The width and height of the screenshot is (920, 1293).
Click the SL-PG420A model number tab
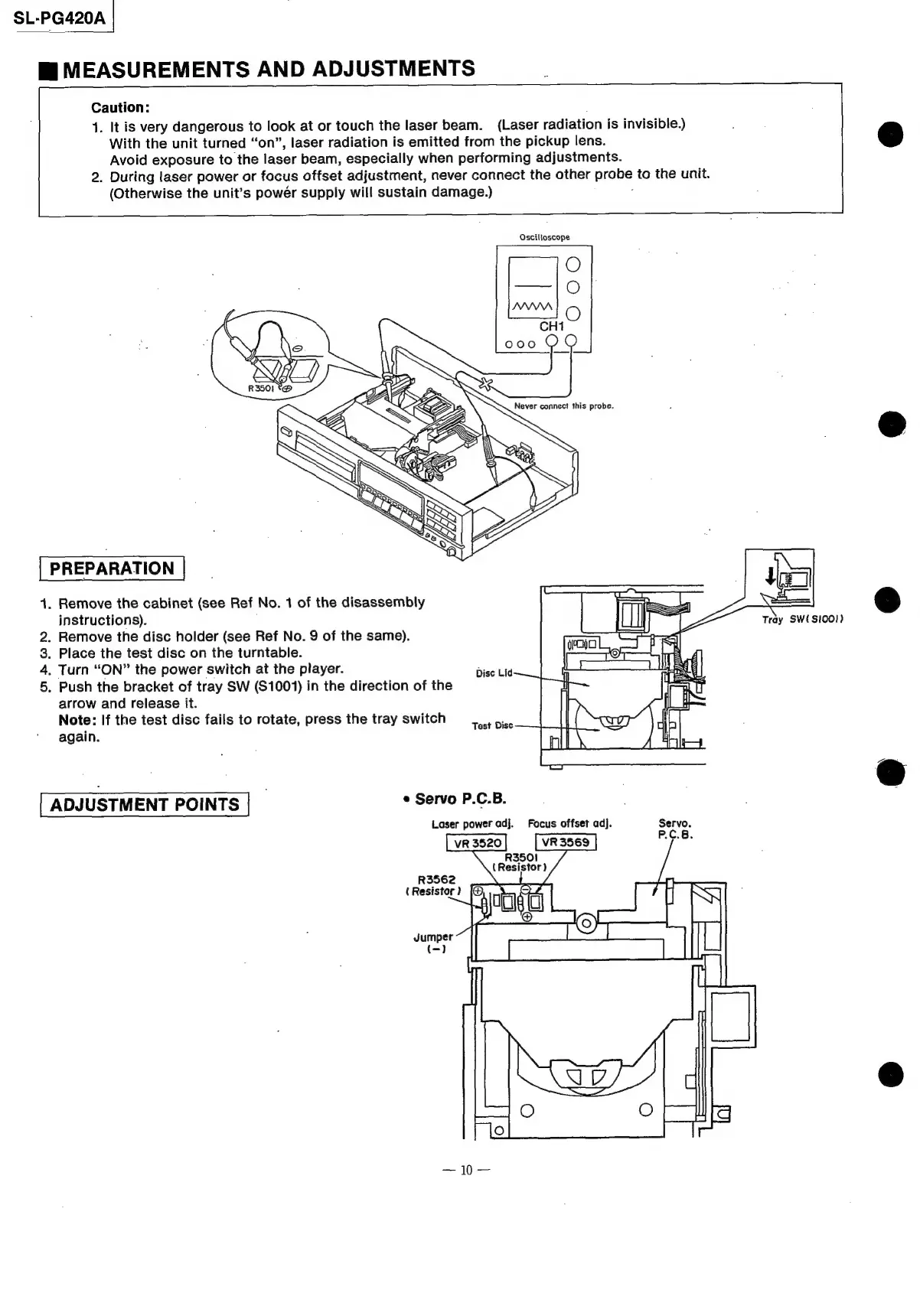tap(59, 17)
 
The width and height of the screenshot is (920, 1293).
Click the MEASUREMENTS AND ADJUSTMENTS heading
tap(269, 70)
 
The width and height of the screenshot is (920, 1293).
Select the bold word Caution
tap(119, 108)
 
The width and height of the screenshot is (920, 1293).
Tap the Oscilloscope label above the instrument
tap(544, 237)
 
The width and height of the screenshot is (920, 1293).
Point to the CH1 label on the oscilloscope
tap(551, 326)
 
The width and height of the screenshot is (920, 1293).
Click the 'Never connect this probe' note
tap(563, 406)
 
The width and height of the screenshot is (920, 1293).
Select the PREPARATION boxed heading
tap(112, 568)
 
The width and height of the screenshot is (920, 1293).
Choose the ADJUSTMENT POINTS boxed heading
tap(145, 805)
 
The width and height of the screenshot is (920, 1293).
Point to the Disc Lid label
tap(494, 673)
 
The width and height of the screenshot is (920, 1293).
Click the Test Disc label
tap(492, 725)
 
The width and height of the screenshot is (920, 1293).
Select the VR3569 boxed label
tap(565, 842)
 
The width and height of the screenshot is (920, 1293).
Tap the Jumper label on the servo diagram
tap(432, 937)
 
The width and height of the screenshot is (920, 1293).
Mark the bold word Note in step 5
tap(77, 719)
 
